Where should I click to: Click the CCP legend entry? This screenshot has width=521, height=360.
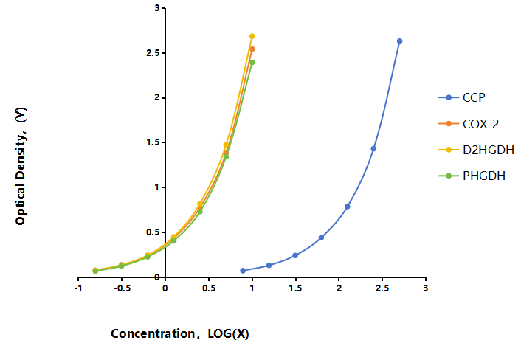pyautogui.click(x=462, y=97)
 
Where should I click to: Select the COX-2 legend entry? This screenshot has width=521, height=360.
pyautogui.click(x=469, y=124)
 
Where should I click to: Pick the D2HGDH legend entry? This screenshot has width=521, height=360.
pyautogui.click(x=476, y=150)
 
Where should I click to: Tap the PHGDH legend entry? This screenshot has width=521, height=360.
pyautogui.click(x=472, y=176)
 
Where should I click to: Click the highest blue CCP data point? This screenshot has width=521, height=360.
pyautogui.click(x=400, y=41)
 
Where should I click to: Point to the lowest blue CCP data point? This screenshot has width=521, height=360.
pyautogui.click(x=243, y=271)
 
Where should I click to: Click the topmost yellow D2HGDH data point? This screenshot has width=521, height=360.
pyautogui.click(x=252, y=36)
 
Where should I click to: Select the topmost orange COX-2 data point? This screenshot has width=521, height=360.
pyautogui.click(x=252, y=49)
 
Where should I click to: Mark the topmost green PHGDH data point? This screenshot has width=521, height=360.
pyautogui.click(x=252, y=63)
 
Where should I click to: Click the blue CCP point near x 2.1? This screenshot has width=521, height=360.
pyautogui.click(x=348, y=207)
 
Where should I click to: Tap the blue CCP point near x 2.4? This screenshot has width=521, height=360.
pyautogui.click(x=373, y=149)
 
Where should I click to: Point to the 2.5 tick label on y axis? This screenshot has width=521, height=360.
pyautogui.click(x=153, y=53)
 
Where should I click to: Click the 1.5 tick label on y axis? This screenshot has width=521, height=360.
pyautogui.click(x=153, y=142)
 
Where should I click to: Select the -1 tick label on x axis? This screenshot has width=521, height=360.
pyautogui.click(x=78, y=288)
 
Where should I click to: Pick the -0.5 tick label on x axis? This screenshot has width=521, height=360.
pyautogui.click(x=122, y=288)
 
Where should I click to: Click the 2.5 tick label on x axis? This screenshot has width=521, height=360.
pyautogui.click(x=382, y=288)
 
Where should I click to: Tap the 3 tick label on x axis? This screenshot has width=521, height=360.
pyautogui.click(x=426, y=288)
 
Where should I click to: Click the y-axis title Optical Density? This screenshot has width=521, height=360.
pyautogui.click(x=21, y=166)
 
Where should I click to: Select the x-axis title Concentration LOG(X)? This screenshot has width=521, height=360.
pyautogui.click(x=180, y=333)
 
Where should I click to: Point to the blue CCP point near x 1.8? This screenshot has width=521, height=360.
pyautogui.click(x=321, y=238)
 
